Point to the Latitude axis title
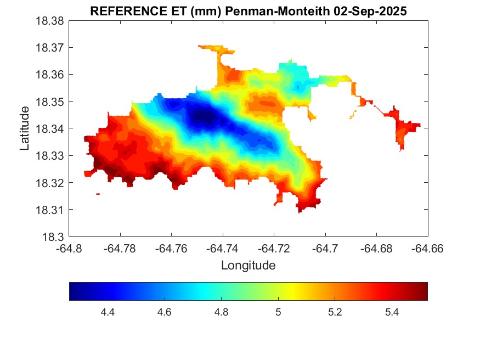pyautogui.click(x=25, y=129)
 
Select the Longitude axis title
pyautogui.click(x=248, y=266)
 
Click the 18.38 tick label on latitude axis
pyautogui.click(x=50, y=21)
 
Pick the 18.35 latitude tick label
pyautogui.click(x=50, y=102)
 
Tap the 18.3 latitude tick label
pyautogui.click(x=53, y=237)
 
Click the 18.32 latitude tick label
pyautogui.click(x=50, y=183)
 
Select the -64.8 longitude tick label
pyautogui.click(x=69, y=249)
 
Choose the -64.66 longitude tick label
pyautogui.click(x=427, y=249)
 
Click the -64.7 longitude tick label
pyautogui.click(x=326, y=249)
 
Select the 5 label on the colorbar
pyautogui.click(x=278, y=312)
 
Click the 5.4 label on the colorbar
pyautogui.click(x=392, y=312)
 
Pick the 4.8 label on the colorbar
pyautogui.click(x=221, y=312)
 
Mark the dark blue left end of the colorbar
pyautogui.click(x=72, y=291)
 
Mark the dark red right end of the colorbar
pyautogui.click(x=425, y=291)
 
